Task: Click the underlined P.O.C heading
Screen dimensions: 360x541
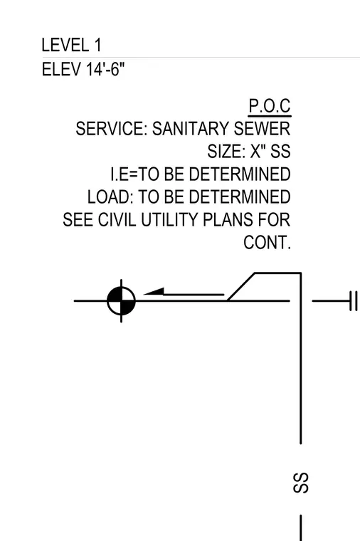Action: coord(270,106)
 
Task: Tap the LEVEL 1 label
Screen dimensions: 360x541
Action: coord(72,45)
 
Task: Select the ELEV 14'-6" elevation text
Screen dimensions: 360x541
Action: coord(83,69)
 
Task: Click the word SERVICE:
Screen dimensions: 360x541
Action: coord(112,129)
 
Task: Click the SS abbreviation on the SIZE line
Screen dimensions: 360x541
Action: coord(280,152)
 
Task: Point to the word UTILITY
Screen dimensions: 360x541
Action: coord(169,220)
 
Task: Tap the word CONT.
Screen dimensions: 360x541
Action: coord(268,243)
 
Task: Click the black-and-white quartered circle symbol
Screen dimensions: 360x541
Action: coord(122,301)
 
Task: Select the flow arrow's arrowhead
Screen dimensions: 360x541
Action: coord(154,292)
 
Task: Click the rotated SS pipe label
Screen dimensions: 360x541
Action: coord(301,483)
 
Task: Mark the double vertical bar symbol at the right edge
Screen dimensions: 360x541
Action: coord(353,301)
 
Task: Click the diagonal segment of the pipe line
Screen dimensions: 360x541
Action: coord(241,287)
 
